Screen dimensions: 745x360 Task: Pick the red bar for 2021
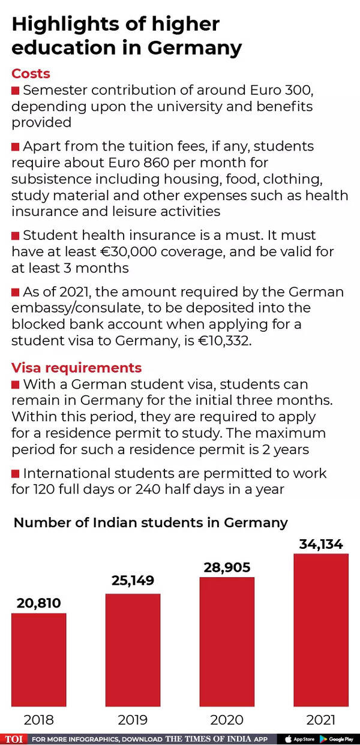coord(321,629)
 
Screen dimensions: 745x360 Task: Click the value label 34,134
coord(321,544)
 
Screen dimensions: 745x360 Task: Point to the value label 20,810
coord(38,603)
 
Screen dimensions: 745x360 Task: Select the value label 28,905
coord(227,567)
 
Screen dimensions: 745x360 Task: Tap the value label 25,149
coord(133,581)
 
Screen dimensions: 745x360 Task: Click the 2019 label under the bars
coord(133,719)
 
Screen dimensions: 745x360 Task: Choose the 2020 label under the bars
coord(227,719)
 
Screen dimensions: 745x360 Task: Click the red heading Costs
coord(31,74)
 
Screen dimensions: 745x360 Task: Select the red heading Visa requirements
coord(76,367)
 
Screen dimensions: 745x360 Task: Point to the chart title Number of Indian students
coord(151,522)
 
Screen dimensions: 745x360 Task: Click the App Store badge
coord(299,739)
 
